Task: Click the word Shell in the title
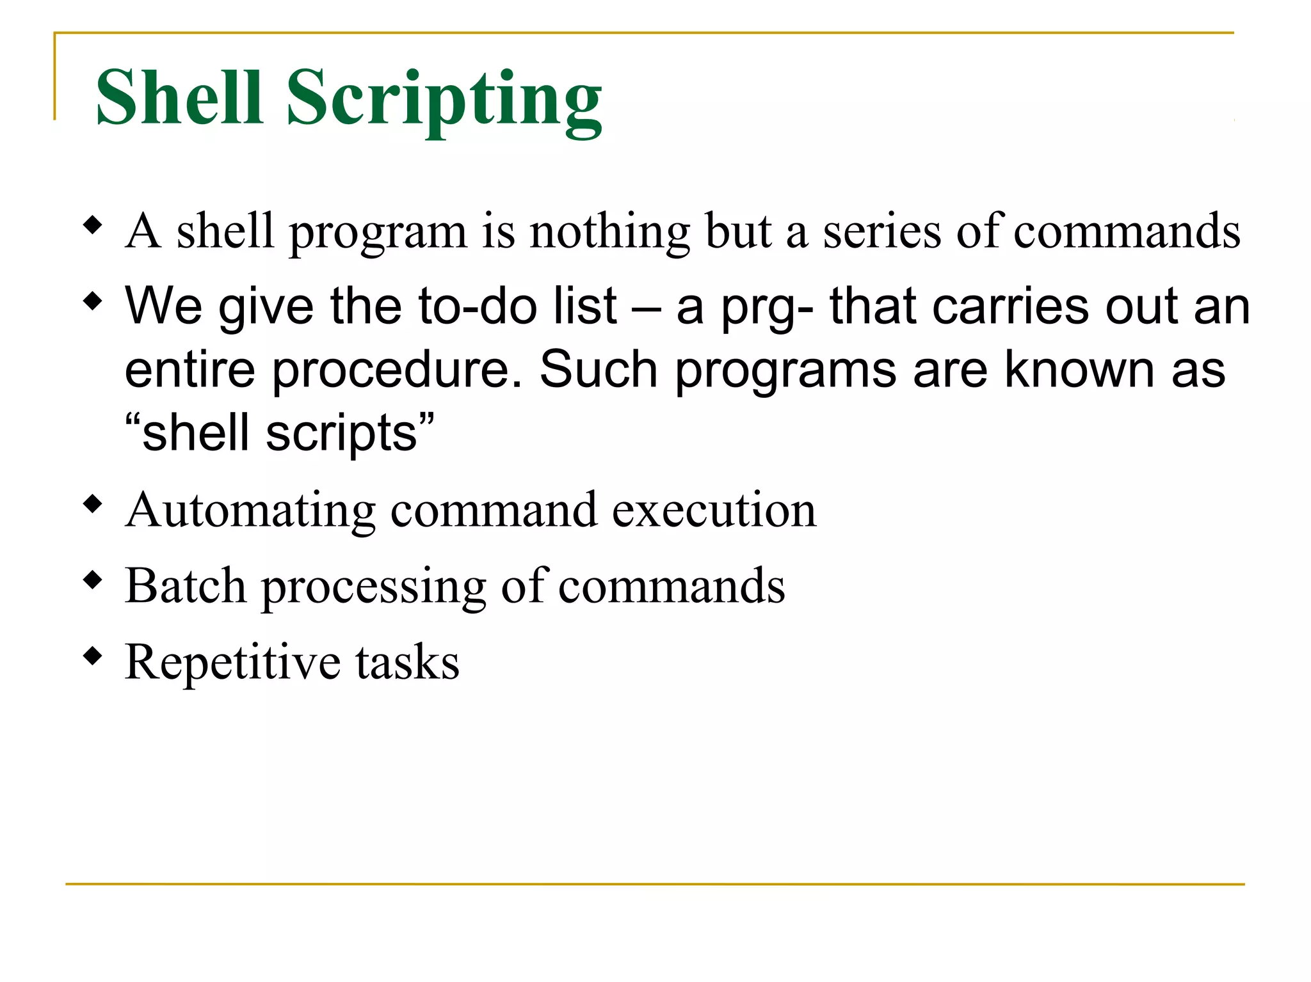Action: point(179,97)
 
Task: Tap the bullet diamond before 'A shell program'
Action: point(93,225)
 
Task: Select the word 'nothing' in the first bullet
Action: point(609,232)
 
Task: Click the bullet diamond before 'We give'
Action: point(93,300)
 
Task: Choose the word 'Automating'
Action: point(250,511)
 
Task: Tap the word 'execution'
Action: point(714,510)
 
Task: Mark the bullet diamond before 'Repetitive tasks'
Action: point(93,656)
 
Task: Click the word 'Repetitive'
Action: point(233,663)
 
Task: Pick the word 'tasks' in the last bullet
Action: point(407,661)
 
